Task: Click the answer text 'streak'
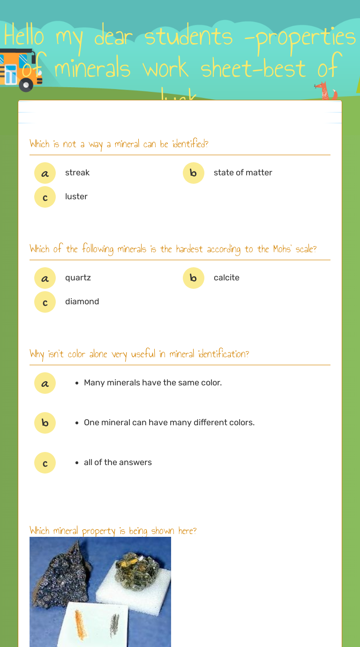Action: [77, 173]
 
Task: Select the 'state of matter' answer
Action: [243, 173]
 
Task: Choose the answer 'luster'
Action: [76, 196]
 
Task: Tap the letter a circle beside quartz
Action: [45, 278]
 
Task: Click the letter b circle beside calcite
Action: [194, 278]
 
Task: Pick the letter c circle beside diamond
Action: [45, 302]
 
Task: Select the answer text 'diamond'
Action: [82, 301]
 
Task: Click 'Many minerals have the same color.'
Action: [153, 383]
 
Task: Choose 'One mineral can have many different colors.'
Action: [169, 422]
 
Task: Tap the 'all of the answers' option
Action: [118, 462]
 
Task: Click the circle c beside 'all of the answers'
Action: [45, 463]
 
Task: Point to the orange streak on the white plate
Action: [81, 624]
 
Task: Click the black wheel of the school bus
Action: [26, 85]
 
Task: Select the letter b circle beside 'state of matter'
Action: [194, 173]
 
